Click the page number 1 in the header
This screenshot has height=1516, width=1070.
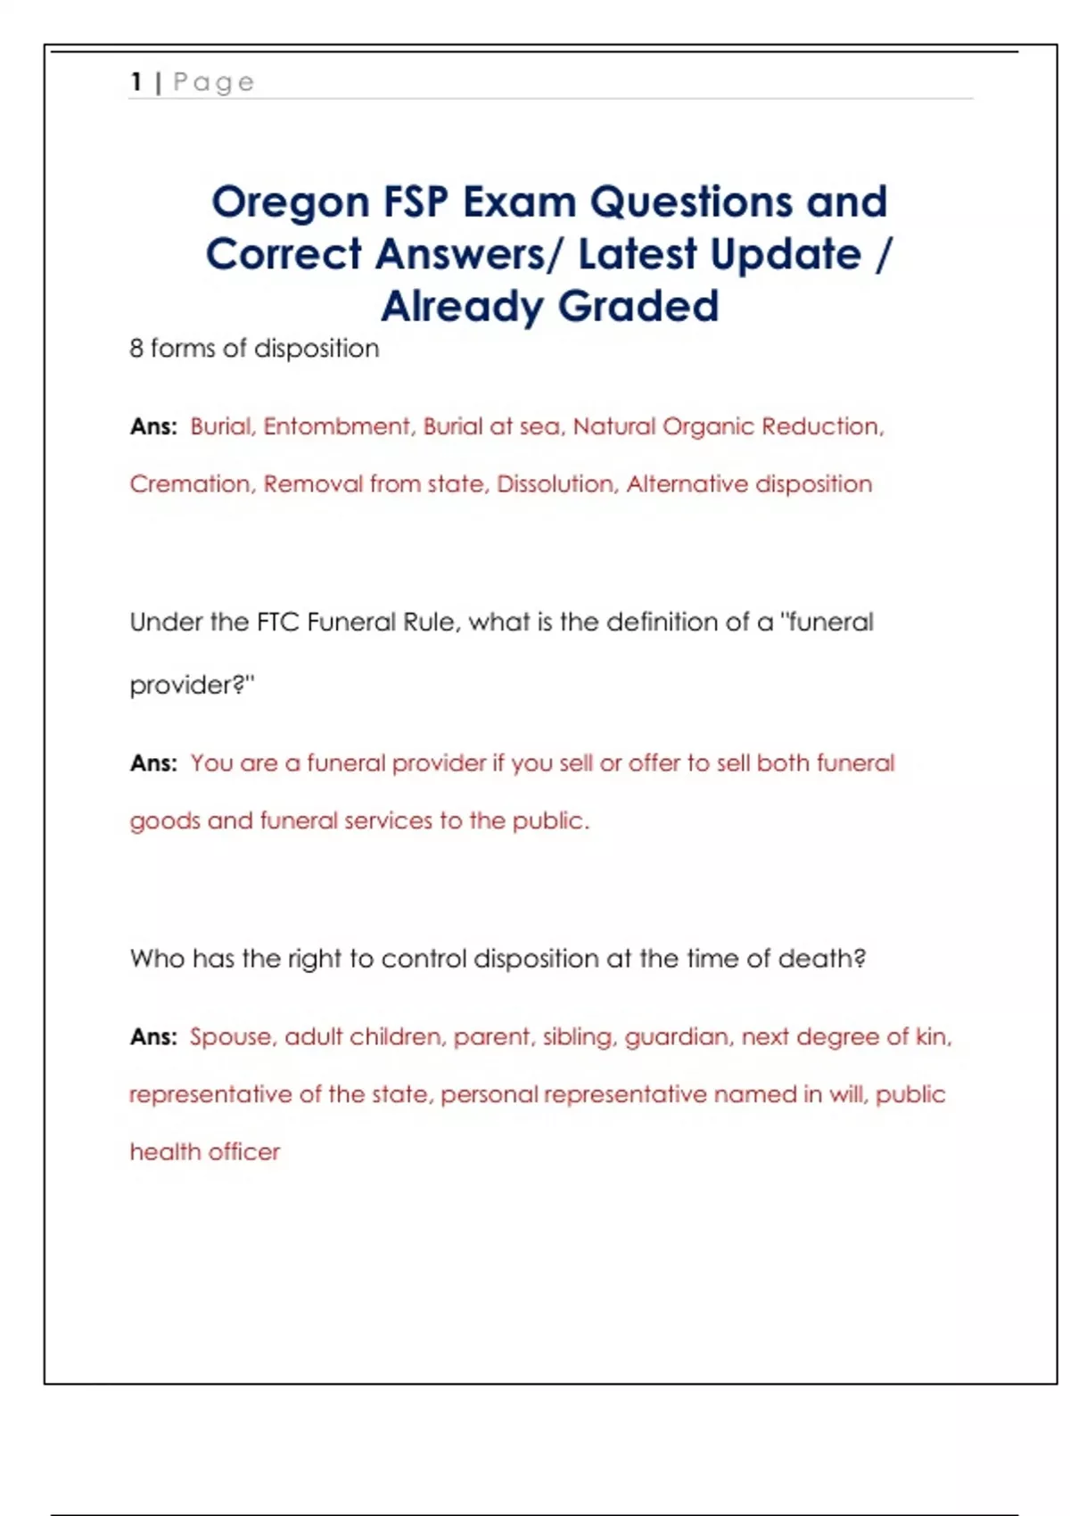tap(136, 82)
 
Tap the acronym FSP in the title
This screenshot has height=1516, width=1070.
tap(416, 202)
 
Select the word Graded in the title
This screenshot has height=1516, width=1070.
tap(638, 306)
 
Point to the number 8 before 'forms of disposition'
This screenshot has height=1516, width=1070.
tap(136, 348)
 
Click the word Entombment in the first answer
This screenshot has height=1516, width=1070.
tap(337, 426)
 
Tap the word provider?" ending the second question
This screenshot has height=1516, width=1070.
tap(192, 685)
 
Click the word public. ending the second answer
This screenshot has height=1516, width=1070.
tap(551, 821)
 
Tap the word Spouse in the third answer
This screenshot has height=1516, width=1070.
tap(231, 1037)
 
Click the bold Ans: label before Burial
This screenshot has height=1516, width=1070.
tap(153, 427)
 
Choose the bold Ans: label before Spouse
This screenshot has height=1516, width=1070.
tap(153, 1037)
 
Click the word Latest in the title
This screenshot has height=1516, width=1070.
tap(637, 254)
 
